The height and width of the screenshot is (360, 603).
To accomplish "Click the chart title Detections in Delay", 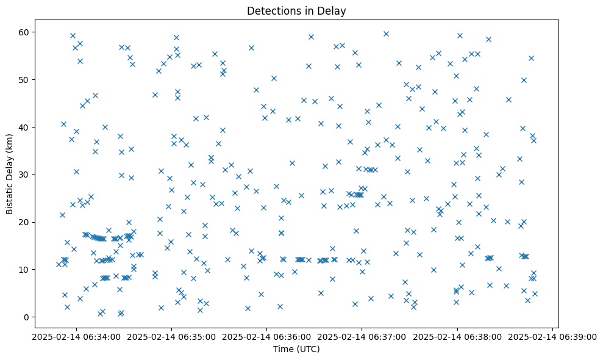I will pyautogui.click(x=296, y=10).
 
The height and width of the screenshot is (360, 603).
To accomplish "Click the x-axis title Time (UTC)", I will pyautogui.click(x=296, y=350).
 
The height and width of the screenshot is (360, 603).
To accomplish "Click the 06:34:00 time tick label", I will pyautogui.click(x=77, y=336).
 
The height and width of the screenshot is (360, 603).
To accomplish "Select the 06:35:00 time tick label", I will pyautogui.click(x=172, y=336).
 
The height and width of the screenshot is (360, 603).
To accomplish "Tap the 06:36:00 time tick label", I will pyautogui.click(x=267, y=336).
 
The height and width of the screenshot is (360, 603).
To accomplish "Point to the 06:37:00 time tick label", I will pyautogui.click(x=362, y=336).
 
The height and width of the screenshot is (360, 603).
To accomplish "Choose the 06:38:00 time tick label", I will pyautogui.click(x=457, y=336).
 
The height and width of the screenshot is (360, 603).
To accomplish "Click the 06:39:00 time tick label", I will pyautogui.click(x=552, y=336).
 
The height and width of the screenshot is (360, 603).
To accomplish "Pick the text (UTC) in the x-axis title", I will pyautogui.click(x=307, y=350).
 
